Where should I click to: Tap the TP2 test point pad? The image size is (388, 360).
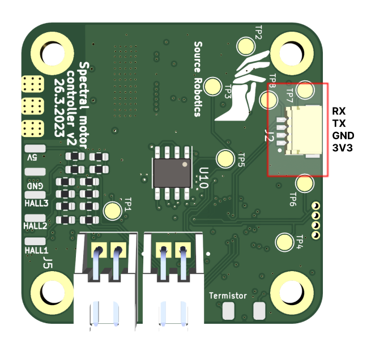pyautogui.click(x=246, y=45)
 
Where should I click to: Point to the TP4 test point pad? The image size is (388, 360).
pyautogui.click(x=284, y=242)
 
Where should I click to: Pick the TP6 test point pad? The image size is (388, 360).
pyautogui.click(x=305, y=183)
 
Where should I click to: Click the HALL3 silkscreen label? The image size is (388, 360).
pyautogui.click(x=36, y=203)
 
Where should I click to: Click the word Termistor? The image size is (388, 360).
pyautogui.click(x=228, y=295)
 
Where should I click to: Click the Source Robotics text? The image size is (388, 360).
pyautogui.click(x=198, y=78)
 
